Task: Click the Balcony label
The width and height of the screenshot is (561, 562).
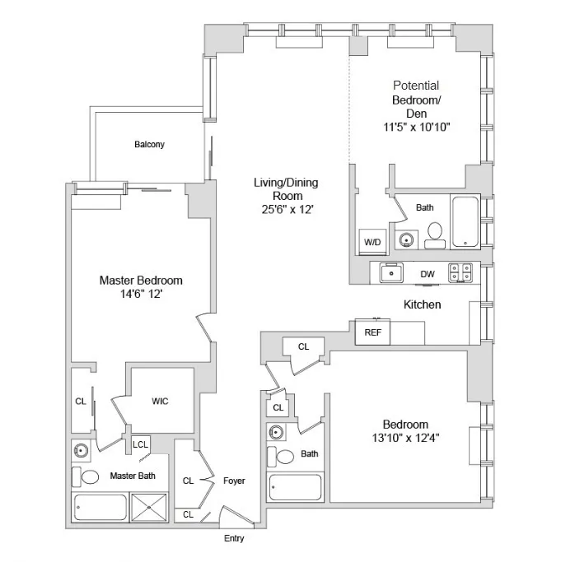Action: tap(150, 145)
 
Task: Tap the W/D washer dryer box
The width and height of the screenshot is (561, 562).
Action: tap(372, 242)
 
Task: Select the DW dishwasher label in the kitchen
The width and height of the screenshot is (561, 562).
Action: tap(428, 274)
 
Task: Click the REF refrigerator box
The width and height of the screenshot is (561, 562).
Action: tap(372, 332)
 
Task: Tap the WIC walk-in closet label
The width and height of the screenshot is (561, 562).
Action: tap(161, 402)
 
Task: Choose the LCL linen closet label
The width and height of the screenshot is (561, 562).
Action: tap(141, 445)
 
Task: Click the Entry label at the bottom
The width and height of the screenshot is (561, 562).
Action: tap(233, 540)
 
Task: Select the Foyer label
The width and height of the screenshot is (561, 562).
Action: tap(234, 481)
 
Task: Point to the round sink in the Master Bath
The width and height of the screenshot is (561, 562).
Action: tap(82, 450)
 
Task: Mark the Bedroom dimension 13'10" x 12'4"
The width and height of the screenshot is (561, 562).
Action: tap(404, 438)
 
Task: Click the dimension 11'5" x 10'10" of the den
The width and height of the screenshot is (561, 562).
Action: tap(415, 127)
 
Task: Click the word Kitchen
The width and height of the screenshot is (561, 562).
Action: tap(422, 304)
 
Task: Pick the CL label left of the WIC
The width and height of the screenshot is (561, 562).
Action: tap(81, 402)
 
